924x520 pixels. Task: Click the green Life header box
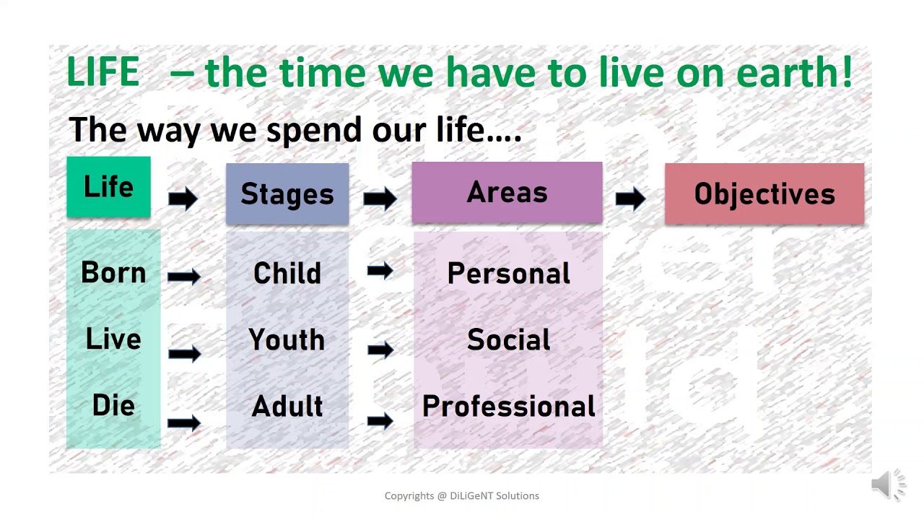tap(108, 186)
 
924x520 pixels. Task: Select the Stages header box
tap(287, 194)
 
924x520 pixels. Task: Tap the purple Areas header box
tap(507, 192)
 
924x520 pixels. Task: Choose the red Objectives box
tap(764, 194)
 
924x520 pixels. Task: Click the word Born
tap(113, 272)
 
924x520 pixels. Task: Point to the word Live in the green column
tap(113, 339)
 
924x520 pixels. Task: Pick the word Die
tap(113, 405)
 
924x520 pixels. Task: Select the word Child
tap(287, 273)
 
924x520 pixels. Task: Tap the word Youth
tap(287, 339)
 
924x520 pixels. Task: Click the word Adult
tap(287, 406)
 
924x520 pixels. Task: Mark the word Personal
tap(509, 273)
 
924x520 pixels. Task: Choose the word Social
tap(509, 339)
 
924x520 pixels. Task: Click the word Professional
tap(509, 406)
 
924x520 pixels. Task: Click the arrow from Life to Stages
tap(183, 199)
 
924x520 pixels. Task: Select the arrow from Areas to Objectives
tap(630, 199)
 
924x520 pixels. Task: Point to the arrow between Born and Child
tap(183, 276)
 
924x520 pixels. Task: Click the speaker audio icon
tap(888, 484)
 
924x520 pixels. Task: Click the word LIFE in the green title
tap(103, 71)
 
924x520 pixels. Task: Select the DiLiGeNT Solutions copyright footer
tap(461, 495)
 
